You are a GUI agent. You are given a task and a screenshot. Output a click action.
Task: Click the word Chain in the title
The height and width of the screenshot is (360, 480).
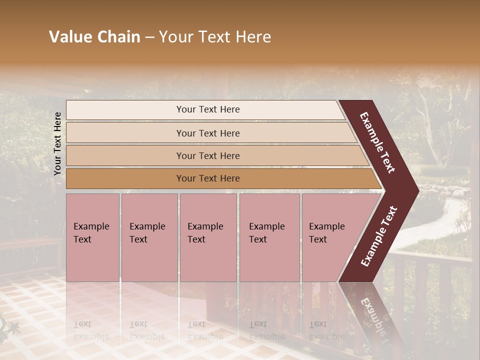click(118, 37)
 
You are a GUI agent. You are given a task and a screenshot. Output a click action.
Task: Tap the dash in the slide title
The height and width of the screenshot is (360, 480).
click(149, 37)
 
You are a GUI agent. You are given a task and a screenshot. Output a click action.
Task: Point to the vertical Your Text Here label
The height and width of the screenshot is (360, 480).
click(57, 143)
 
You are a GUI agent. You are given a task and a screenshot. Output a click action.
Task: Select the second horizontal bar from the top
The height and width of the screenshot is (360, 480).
click(207, 133)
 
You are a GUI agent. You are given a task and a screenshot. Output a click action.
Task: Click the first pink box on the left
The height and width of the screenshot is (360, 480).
click(92, 237)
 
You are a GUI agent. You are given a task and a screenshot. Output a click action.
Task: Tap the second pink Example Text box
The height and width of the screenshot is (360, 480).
click(149, 237)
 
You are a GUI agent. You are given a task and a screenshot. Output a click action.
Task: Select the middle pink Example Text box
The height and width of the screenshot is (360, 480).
click(208, 237)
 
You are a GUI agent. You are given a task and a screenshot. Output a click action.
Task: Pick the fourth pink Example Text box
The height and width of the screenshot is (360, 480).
click(269, 237)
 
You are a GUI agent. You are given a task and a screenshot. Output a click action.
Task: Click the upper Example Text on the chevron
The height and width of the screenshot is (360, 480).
click(377, 142)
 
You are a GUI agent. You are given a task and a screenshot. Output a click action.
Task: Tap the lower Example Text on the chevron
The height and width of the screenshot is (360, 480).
click(378, 236)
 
